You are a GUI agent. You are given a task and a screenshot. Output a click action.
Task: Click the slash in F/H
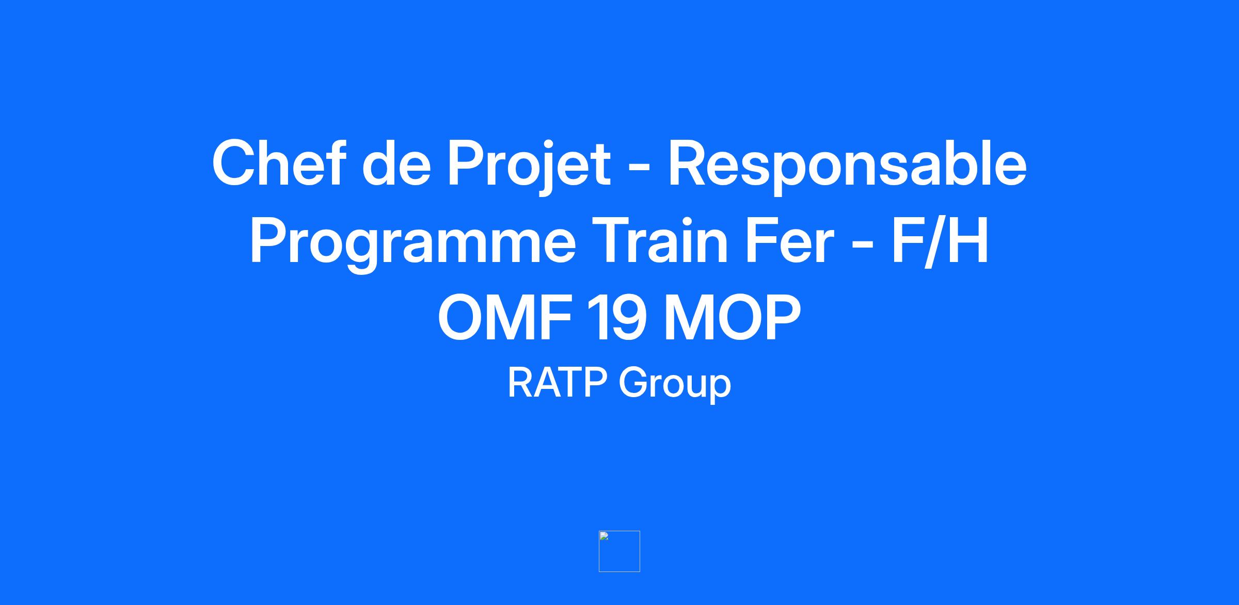click(x=934, y=241)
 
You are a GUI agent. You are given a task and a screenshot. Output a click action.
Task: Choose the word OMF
click(x=504, y=318)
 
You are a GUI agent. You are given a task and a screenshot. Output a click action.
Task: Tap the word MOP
click(x=733, y=318)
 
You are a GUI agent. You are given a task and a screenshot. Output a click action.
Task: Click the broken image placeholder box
click(x=619, y=551)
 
